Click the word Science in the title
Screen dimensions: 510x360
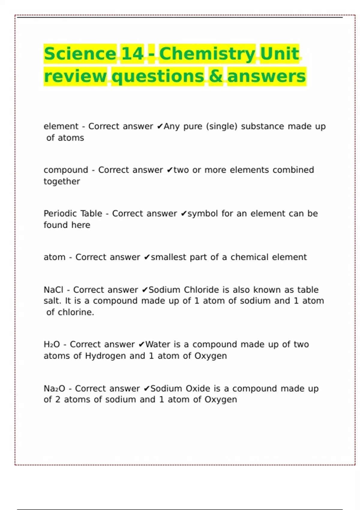coord(80,54)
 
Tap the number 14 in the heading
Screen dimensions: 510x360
coord(132,54)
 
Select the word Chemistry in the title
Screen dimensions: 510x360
coord(207,54)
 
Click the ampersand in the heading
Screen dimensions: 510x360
coord(216,76)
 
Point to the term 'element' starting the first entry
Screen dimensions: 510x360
coord(61,126)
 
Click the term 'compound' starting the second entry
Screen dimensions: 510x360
coord(66,170)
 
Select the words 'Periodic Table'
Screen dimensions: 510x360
coord(73,214)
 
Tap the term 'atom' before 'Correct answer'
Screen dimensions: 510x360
coord(54,257)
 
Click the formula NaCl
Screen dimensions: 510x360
coord(53,290)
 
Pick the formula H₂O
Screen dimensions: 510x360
coord(52,344)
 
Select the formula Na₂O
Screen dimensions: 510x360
coord(54,388)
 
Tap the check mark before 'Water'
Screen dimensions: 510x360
coord(142,344)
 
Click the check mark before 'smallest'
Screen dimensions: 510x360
coord(147,257)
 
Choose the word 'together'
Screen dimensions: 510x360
coord(62,181)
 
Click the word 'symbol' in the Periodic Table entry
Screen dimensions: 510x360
coord(202,214)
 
